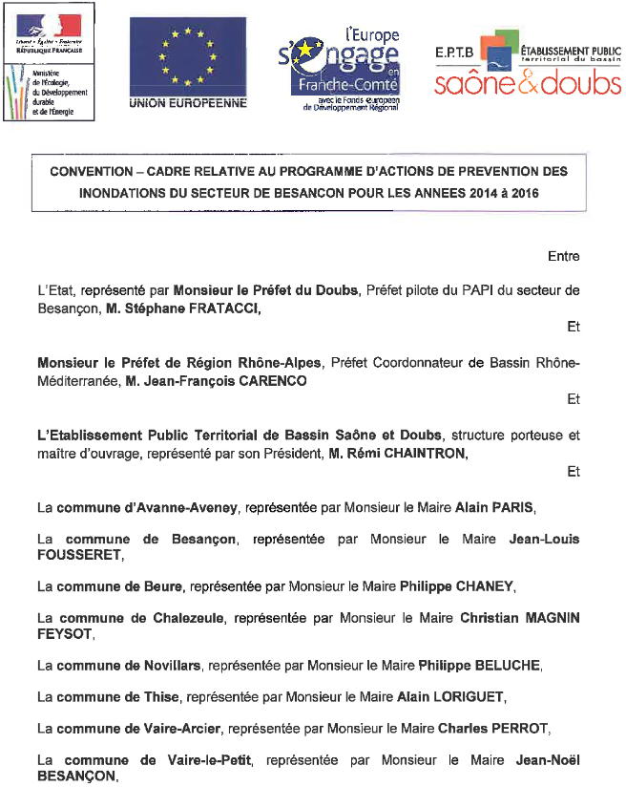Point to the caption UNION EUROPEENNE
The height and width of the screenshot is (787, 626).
[x=188, y=102]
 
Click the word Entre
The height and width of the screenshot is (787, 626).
[x=563, y=257]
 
